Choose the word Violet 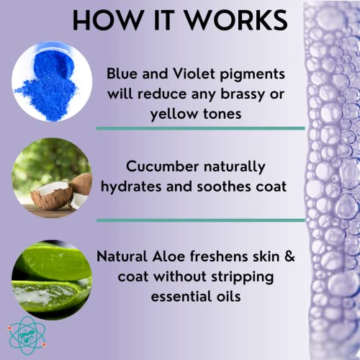tap(190, 73)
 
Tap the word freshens tap(233, 258)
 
